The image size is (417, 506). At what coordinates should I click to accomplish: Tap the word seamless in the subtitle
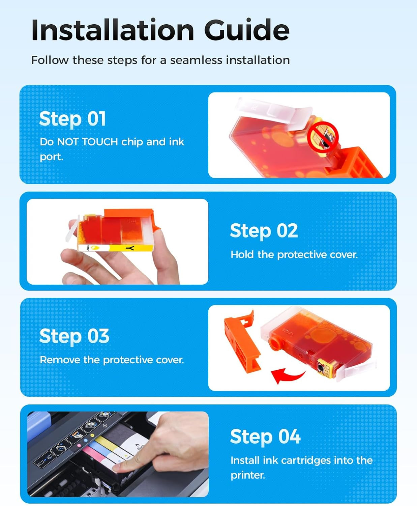(196, 60)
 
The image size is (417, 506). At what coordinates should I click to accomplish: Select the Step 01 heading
(72, 119)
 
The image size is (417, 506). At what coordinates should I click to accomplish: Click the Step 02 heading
(264, 231)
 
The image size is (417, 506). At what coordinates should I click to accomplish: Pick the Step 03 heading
(75, 336)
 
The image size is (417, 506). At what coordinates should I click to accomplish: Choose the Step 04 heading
(265, 437)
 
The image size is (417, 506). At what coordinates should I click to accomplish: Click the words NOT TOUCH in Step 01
(87, 142)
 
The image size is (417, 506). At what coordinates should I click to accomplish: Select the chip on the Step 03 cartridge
(325, 368)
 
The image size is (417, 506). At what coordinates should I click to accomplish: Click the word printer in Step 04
(248, 475)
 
